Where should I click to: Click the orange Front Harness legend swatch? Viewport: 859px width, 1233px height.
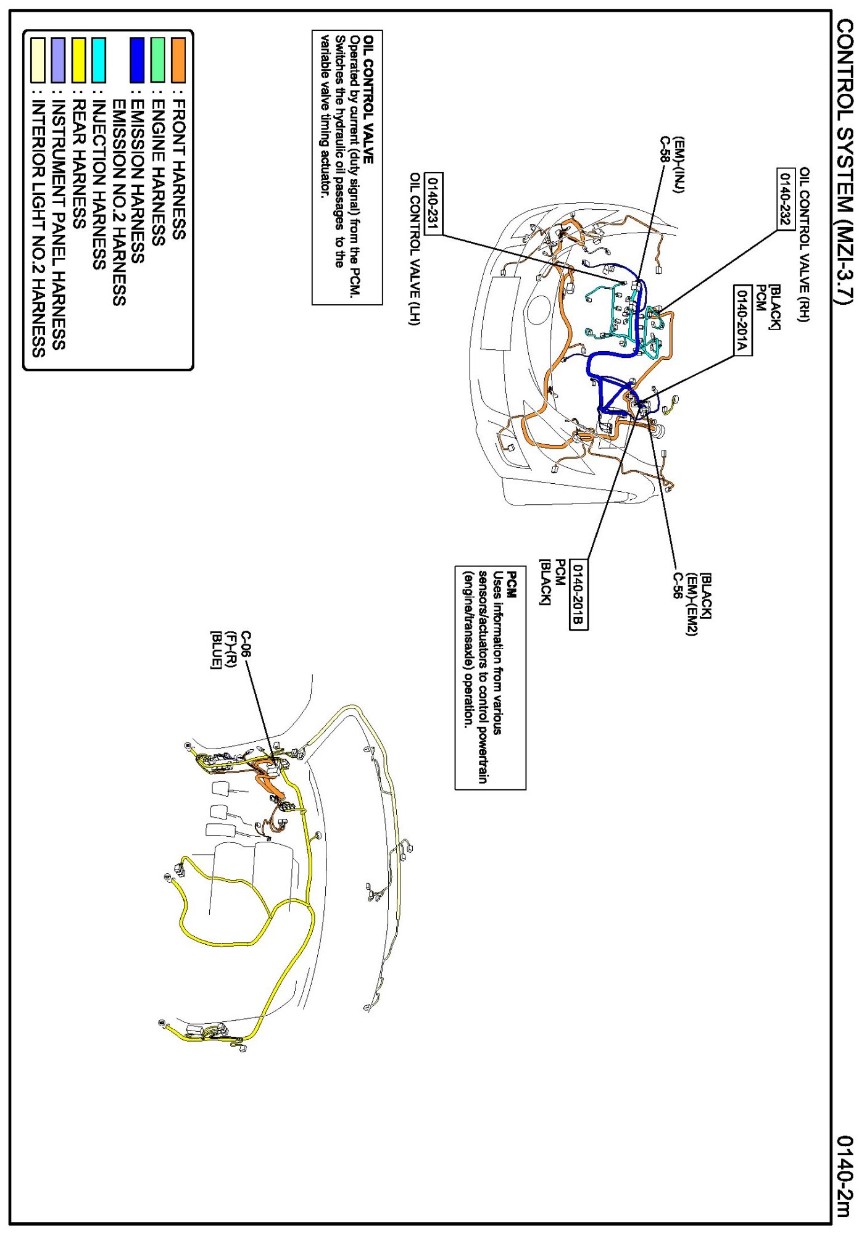tap(178, 60)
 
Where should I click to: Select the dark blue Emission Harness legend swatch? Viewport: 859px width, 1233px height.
tap(137, 60)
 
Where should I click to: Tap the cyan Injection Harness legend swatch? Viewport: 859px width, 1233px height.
tap(98, 60)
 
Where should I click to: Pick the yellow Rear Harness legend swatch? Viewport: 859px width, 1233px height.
tap(78, 60)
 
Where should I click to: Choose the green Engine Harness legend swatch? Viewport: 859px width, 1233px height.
tap(158, 60)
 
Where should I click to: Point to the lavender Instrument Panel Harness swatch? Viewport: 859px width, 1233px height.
tap(58, 60)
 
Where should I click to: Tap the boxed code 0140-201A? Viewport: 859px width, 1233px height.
tap(742, 320)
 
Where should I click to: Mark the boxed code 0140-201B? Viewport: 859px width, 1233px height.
tap(578, 596)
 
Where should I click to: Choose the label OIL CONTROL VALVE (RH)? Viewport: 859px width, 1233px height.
tap(805, 244)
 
